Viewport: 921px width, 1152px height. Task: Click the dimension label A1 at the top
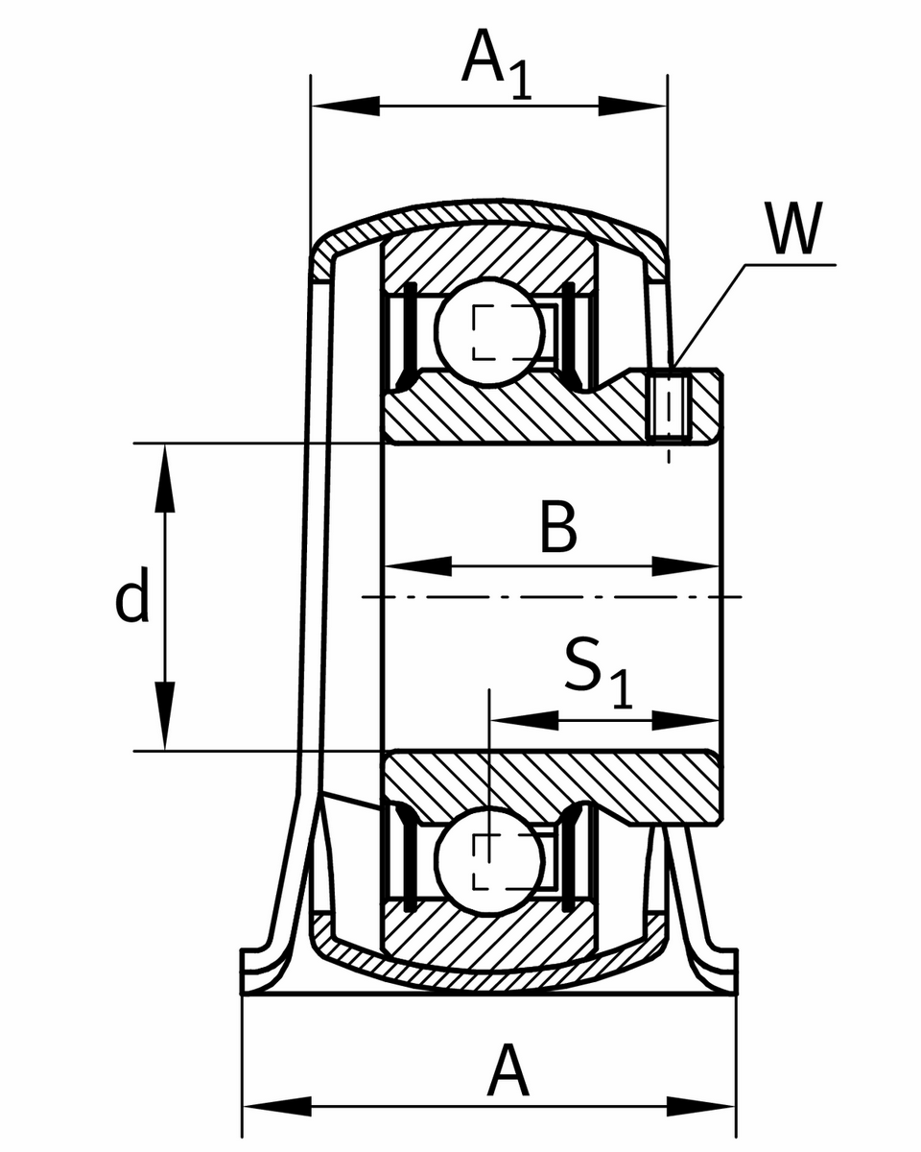[496, 65]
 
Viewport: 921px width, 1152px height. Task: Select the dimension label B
[558, 528]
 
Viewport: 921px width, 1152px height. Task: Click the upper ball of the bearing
[490, 332]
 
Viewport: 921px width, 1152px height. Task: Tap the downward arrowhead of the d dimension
[166, 716]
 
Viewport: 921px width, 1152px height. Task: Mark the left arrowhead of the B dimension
[417, 566]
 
